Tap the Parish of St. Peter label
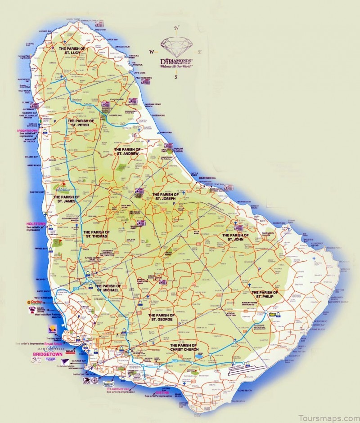(x=81, y=124)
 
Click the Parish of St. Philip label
(x=265, y=295)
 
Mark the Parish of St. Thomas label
(x=95, y=234)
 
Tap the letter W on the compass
(x=152, y=51)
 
